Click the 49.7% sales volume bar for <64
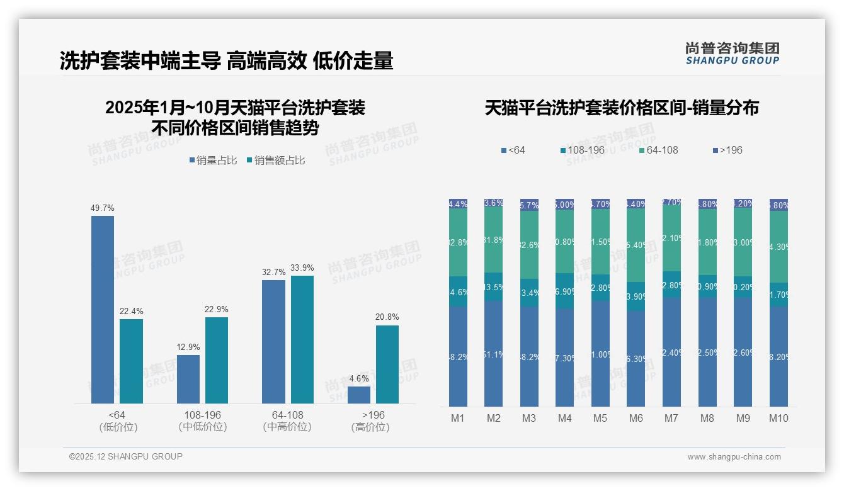[103, 309]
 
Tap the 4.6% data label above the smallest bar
[358, 378]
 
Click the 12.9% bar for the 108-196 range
[188, 379]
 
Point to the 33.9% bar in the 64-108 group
[302, 339]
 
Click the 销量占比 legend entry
[213, 161]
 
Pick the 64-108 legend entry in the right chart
[658, 150]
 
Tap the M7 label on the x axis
[671, 418]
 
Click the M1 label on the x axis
[458, 418]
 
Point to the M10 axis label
[778, 418]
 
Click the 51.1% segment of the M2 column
[493, 354]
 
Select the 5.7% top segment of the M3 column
[529, 205]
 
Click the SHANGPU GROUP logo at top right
[732, 54]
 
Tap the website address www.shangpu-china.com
[734, 457]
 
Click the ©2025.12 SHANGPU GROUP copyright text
[126, 456]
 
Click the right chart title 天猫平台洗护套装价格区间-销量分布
[622, 108]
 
